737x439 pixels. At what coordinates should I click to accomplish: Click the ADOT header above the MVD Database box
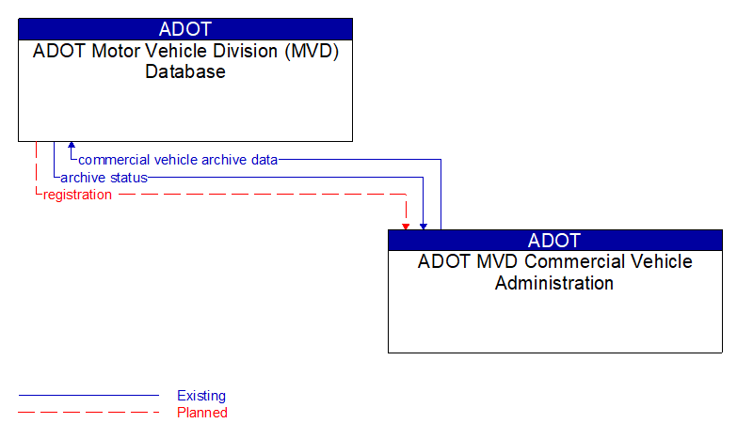click(185, 28)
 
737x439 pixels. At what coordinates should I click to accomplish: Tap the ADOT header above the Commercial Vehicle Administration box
click(554, 240)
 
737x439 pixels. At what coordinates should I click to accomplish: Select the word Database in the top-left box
click(185, 71)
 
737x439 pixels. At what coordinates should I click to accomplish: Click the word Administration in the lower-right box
click(554, 283)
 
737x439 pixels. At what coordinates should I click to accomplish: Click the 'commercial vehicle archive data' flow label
click(178, 160)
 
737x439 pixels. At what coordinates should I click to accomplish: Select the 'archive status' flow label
click(104, 178)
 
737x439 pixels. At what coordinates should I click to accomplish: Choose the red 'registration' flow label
click(77, 195)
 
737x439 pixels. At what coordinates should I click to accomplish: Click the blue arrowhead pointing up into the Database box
click(72, 147)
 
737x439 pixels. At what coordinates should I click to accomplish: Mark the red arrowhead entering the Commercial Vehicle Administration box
click(406, 226)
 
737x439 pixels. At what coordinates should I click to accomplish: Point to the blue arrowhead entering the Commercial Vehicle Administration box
click(424, 226)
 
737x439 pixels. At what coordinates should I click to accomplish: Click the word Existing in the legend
click(201, 396)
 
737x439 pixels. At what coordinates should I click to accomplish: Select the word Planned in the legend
click(202, 413)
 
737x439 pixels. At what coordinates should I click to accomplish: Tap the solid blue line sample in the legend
click(88, 396)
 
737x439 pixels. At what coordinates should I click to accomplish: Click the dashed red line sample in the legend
click(88, 413)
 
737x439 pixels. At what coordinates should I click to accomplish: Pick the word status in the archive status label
click(128, 178)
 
